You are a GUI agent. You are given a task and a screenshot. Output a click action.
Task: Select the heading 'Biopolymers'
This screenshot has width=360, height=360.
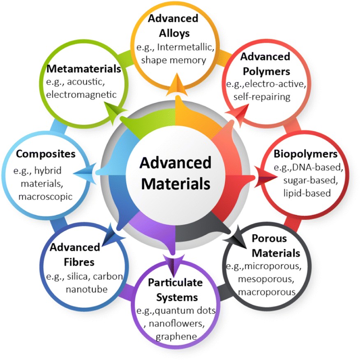coord(305,154)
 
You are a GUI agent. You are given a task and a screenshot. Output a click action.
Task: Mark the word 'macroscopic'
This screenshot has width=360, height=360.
coord(46,196)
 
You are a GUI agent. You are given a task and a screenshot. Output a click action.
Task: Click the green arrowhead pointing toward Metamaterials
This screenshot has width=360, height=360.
coord(113,111)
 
